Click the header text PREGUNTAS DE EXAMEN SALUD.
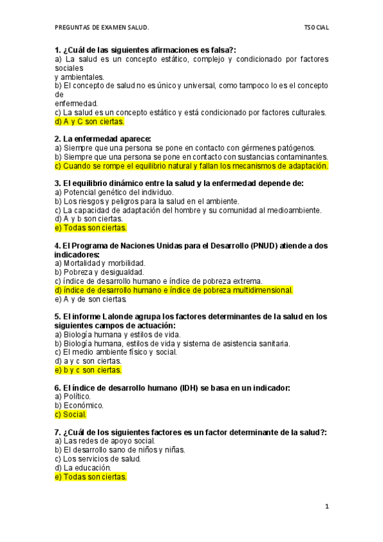(x=102, y=28)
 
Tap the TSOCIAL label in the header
(x=317, y=28)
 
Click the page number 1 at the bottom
(x=326, y=507)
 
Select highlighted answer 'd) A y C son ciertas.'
(x=90, y=121)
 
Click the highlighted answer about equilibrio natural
(x=192, y=166)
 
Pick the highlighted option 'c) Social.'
(x=71, y=414)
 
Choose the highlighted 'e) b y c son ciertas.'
(x=88, y=369)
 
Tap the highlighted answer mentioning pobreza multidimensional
(x=174, y=290)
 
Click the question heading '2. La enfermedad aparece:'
(x=103, y=139)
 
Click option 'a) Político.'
(x=73, y=396)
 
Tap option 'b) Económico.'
(x=79, y=405)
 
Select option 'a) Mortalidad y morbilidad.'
(x=100, y=263)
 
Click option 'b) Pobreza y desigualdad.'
(x=99, y=272)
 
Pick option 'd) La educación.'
(x=84, y=467)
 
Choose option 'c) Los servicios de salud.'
(x=98, y=458)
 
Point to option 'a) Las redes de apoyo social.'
(x=106, y=440)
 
